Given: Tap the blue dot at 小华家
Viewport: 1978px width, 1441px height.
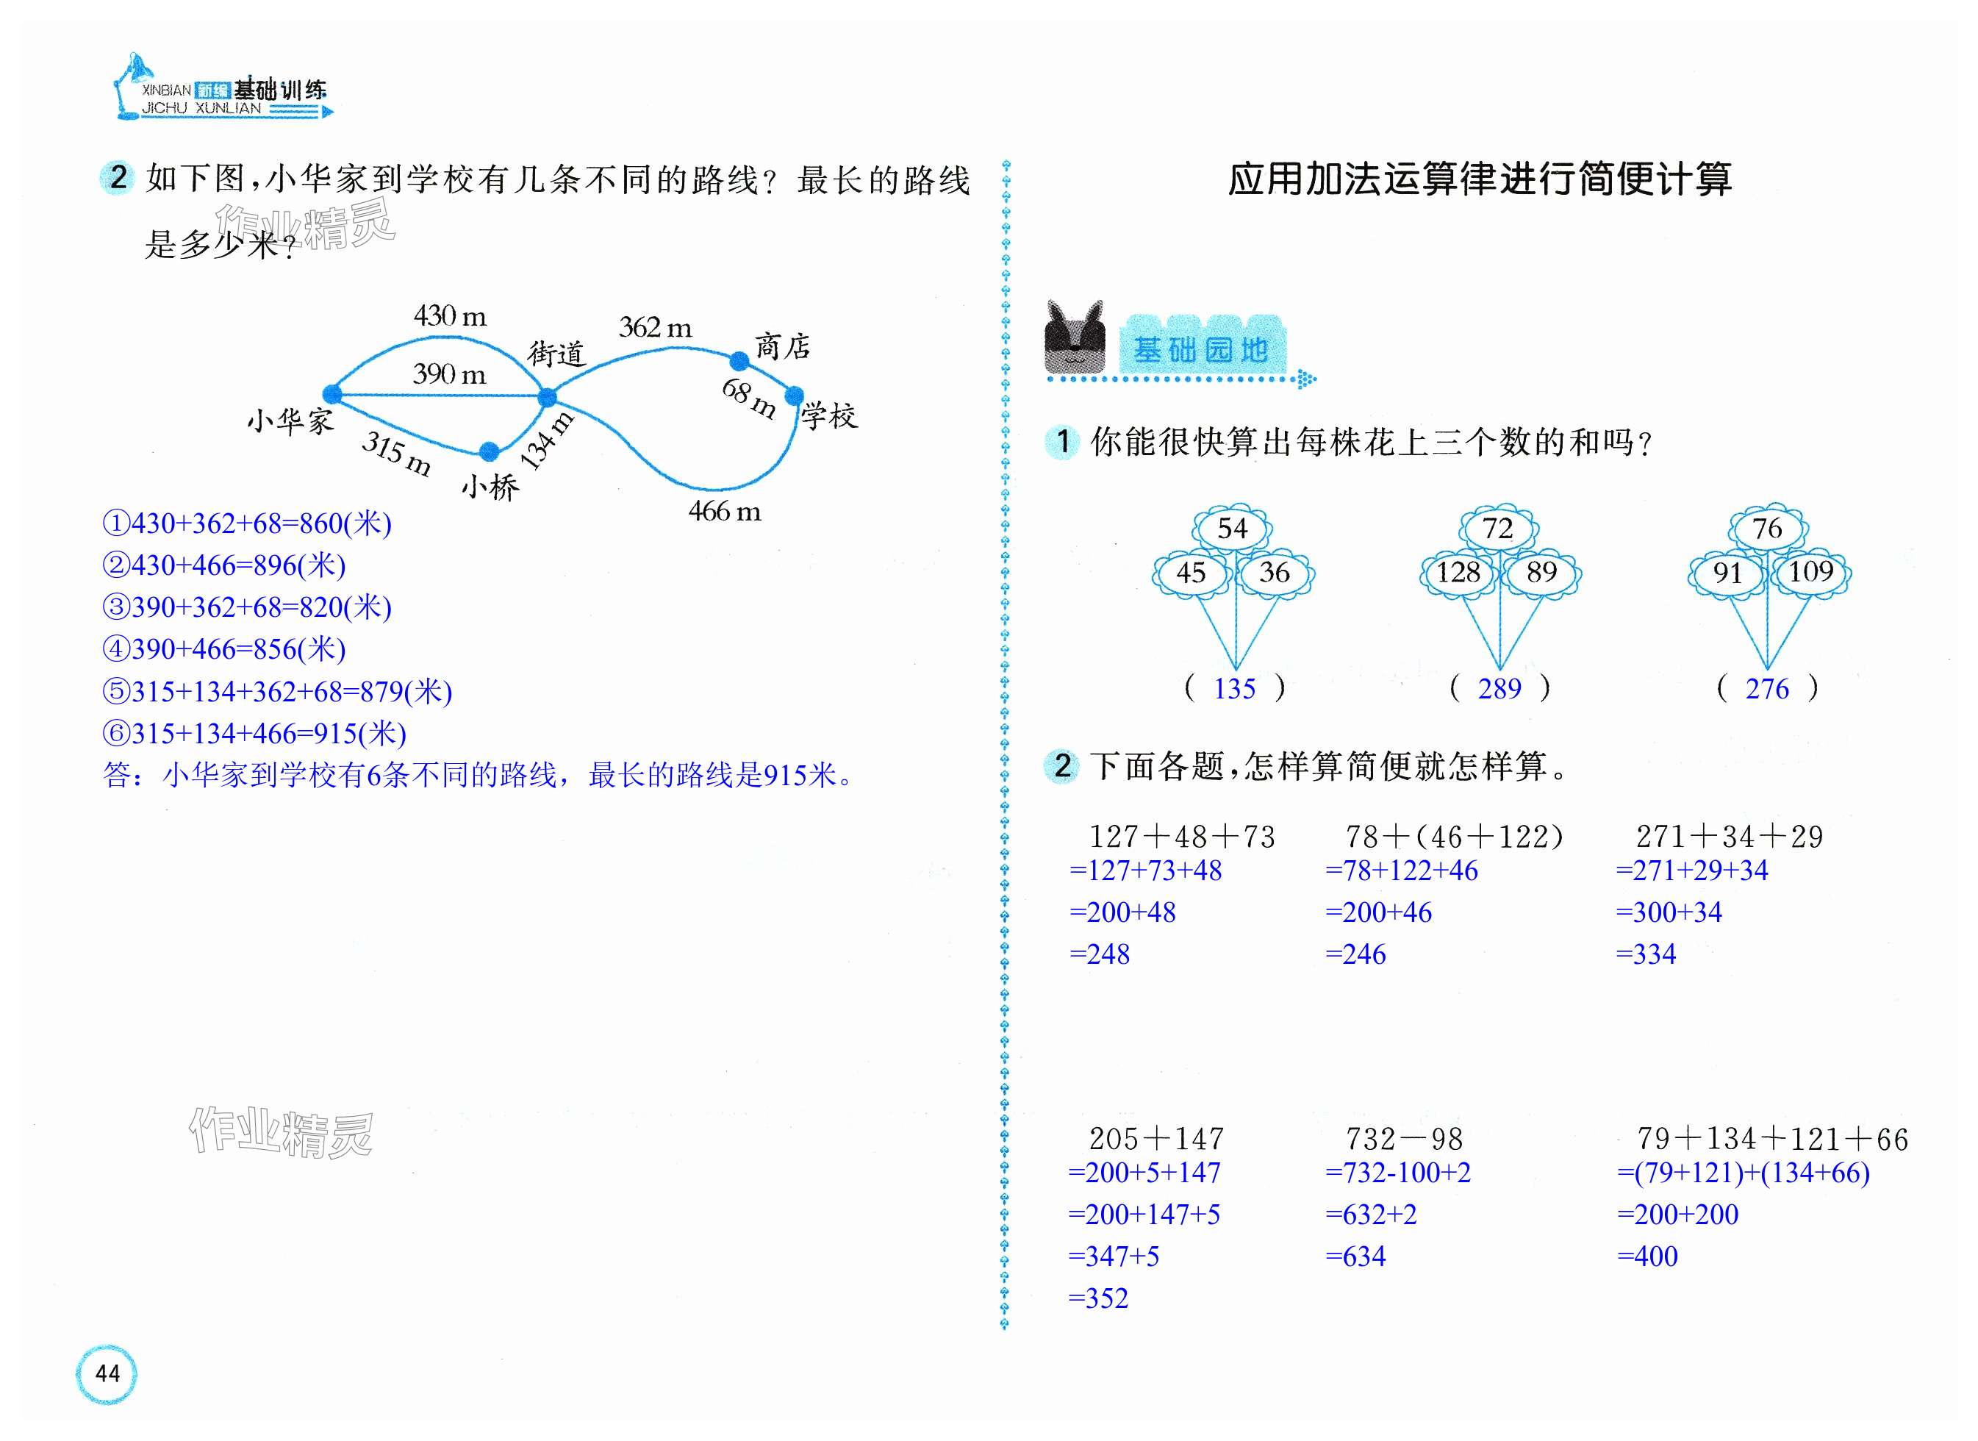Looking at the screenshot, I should point(332,393).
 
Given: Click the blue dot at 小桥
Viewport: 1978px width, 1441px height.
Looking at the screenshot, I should point(490,451).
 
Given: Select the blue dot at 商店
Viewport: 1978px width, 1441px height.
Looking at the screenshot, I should point(739,360).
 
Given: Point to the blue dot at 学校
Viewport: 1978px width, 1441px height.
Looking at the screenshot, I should point(794,396).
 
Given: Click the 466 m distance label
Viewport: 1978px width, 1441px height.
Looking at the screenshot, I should point(724,511).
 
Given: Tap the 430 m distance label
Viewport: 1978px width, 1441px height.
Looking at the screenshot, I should point(449,315).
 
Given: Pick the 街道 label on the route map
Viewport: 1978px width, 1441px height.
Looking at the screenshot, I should point(556,354).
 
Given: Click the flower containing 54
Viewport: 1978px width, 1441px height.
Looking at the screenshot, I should point(1233,528).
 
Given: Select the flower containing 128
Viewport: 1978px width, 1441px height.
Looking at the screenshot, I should point(1458,573).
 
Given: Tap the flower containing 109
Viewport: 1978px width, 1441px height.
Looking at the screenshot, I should point(1811,572).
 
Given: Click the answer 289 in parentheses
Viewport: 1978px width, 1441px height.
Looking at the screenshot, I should point(1499,689).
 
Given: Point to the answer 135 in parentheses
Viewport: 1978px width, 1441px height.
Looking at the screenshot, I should point(1234,689).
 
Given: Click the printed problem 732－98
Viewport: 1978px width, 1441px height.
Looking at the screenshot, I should point(1403,1138).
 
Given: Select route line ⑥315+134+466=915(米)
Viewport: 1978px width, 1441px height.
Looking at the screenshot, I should point(254,733).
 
